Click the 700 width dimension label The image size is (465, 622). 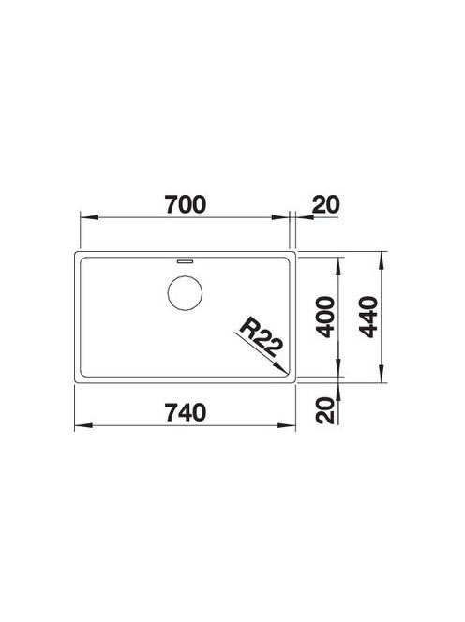[x=186, y=204]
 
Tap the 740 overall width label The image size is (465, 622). [x=186, y=412]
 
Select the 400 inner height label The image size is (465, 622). [x=327, y=317]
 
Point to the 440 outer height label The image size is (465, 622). [x=368, y=317]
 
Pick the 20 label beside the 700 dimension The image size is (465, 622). [x=326, y=204]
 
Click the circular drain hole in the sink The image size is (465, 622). [x=185, y=293]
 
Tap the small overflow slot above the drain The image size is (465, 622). [x=185, y=261]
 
